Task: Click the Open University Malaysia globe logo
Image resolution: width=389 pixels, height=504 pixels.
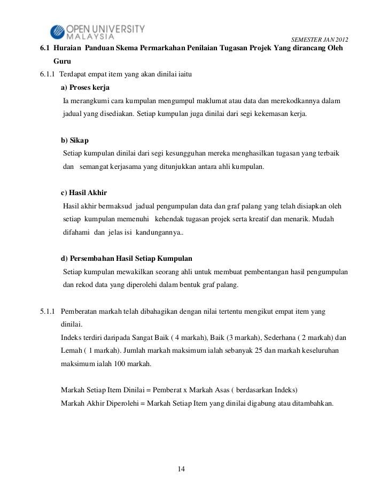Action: (57, 32)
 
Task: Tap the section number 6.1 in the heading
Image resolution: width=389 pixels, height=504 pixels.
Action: (45, 50)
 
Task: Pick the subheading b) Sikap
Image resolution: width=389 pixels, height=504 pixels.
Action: (75, 141)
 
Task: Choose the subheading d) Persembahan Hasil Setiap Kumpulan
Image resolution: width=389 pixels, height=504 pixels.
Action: (127, 259)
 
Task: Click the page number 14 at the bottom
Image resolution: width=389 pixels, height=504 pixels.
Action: (181, 469)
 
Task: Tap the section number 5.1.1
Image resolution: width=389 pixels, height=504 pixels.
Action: (48, 312)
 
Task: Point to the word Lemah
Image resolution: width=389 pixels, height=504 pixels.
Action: (72, 351)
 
